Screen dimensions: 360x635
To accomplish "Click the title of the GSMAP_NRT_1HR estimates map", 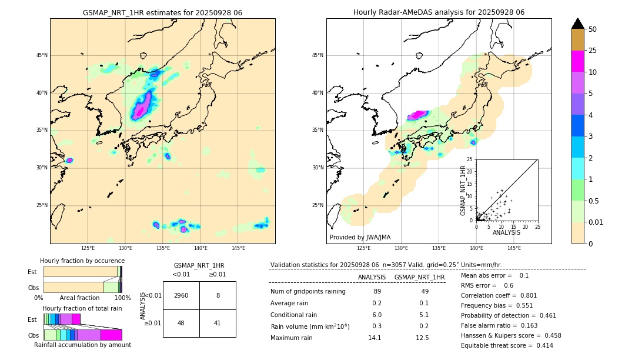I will (162, 12).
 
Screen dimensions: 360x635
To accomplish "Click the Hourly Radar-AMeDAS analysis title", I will (439, 12).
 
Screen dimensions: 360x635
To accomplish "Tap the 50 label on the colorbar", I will (593, 29).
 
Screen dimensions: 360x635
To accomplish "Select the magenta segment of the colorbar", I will (577, 61).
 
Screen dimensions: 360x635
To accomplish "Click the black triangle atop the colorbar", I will (577, 24).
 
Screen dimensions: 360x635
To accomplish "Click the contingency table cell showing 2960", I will (181, 295).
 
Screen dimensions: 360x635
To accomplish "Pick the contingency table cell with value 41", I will (218, 323).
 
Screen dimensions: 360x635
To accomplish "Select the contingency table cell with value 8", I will (218, 295).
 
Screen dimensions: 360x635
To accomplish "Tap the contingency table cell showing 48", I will (181, 323).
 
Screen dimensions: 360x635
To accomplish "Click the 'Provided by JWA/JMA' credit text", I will (360, 237).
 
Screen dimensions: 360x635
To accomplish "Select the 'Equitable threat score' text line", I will (506, 345).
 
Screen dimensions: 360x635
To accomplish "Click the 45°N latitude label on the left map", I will (41, 55).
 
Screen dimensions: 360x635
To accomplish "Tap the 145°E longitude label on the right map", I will (514, 248).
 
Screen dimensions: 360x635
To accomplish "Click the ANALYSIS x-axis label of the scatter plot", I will (506, 232).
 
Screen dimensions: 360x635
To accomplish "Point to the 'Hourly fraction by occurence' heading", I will (82, 261).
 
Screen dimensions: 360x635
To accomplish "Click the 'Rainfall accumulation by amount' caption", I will (82, 345).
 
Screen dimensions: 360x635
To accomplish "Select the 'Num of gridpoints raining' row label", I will (308, 292).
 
